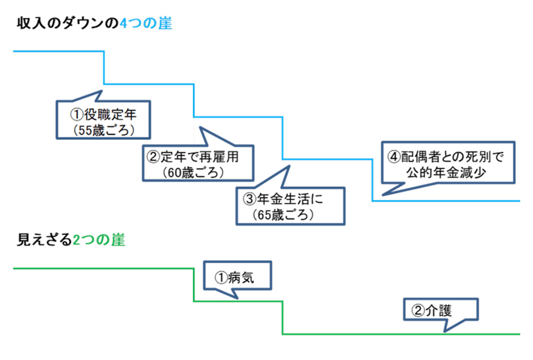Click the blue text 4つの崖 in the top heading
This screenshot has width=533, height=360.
[x=146, y=24]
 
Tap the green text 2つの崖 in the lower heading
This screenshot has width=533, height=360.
[x=99, y=240]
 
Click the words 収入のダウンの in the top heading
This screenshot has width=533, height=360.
[x=68, y=24]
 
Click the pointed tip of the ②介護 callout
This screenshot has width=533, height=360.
[x=445, y=332]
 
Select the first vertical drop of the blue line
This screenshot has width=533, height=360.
[x=104, y=67]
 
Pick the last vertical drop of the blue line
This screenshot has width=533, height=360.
[x=372, y=181]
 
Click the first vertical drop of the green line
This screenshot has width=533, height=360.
[x=194, y=285]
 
